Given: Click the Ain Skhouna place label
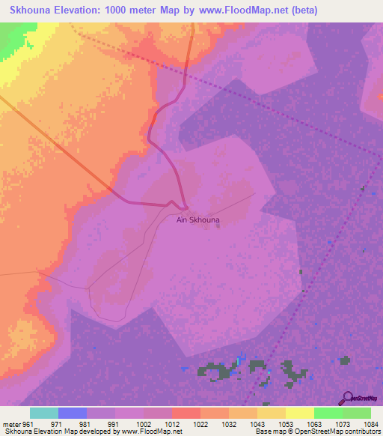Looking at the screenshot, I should click(x=197, y=220).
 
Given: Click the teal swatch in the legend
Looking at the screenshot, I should click(x=44, y=413).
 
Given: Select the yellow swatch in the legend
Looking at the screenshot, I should click(x=299, y=413).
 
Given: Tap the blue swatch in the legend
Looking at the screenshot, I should click(x=73, y=413).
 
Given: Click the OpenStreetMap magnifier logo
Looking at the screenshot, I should click(x=346, y=398).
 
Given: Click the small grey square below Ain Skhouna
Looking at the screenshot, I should click(x=218, y=227).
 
